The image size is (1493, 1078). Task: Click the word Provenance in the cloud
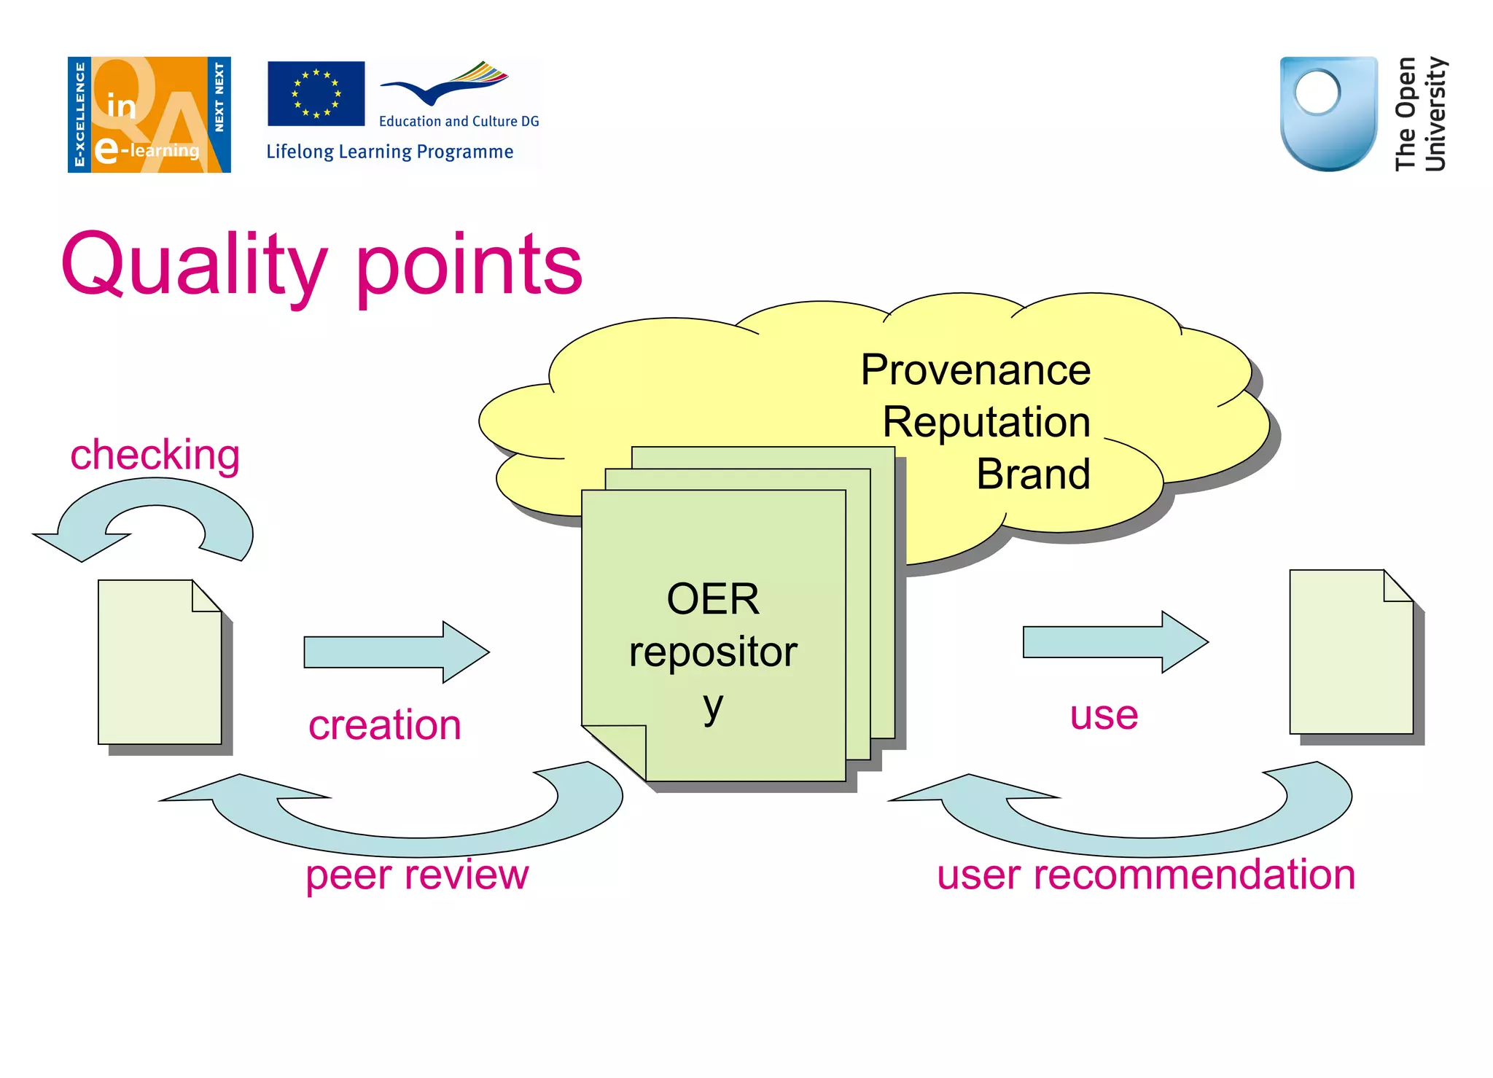[x=975, y=370]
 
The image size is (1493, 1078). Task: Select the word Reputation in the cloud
[x=986, y=422]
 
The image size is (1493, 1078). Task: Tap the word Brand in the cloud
[x=1032, y=474]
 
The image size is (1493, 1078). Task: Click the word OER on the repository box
[x=712, y=599]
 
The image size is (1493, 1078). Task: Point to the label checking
[x=155, y=455]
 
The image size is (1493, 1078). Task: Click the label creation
[x=384, y=725]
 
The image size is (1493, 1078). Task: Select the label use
[x=1103, y=715]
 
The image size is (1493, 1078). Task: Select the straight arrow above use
[x=1115, y=642]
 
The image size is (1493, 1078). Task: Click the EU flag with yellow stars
[x=316, y=93]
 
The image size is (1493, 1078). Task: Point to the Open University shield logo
[x=1328, y=113]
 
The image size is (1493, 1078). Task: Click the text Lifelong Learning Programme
[x=389, y=152]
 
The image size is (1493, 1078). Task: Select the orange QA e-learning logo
[x=149, y=114]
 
